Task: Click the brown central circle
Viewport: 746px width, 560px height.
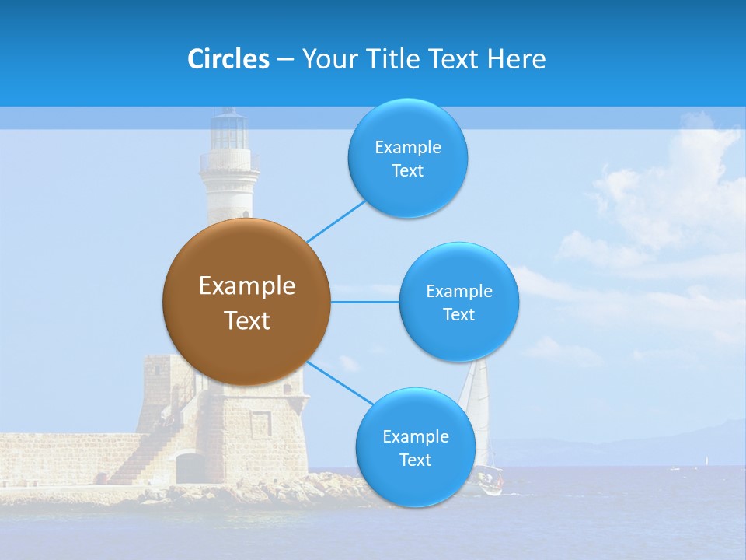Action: pyautogui.click(x=246, y=302)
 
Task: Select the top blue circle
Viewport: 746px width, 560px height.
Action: pyautogui.click(x=407, y=158)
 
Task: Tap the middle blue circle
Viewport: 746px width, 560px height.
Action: pyautogui.click(x=458, y=302)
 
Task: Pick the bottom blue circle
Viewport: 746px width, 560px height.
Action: pyautogui.click(x=415, y=447)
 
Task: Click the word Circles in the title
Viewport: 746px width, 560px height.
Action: pyautogui.click(x=228, y=59)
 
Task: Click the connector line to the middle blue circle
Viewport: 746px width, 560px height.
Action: pyautogui.click(x=365, y=302)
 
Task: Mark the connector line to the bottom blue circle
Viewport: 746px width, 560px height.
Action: pyautogui.click(x=340, y=383)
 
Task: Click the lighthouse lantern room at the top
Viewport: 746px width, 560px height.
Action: pyautogui.click(x=229, y=131)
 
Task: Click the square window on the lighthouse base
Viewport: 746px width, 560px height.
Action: pyautogui.click(x=261, y=424)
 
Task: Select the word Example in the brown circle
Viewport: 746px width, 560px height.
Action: pyautogui.click(x=246, y=285)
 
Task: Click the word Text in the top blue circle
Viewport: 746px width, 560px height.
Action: pyautogui.click(x=407, y=170)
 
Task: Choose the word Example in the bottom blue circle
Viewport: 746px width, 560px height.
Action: pyautogui.click(x=415, y=436)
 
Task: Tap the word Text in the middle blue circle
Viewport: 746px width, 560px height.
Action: pyautogui.click(x=458, y=314)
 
